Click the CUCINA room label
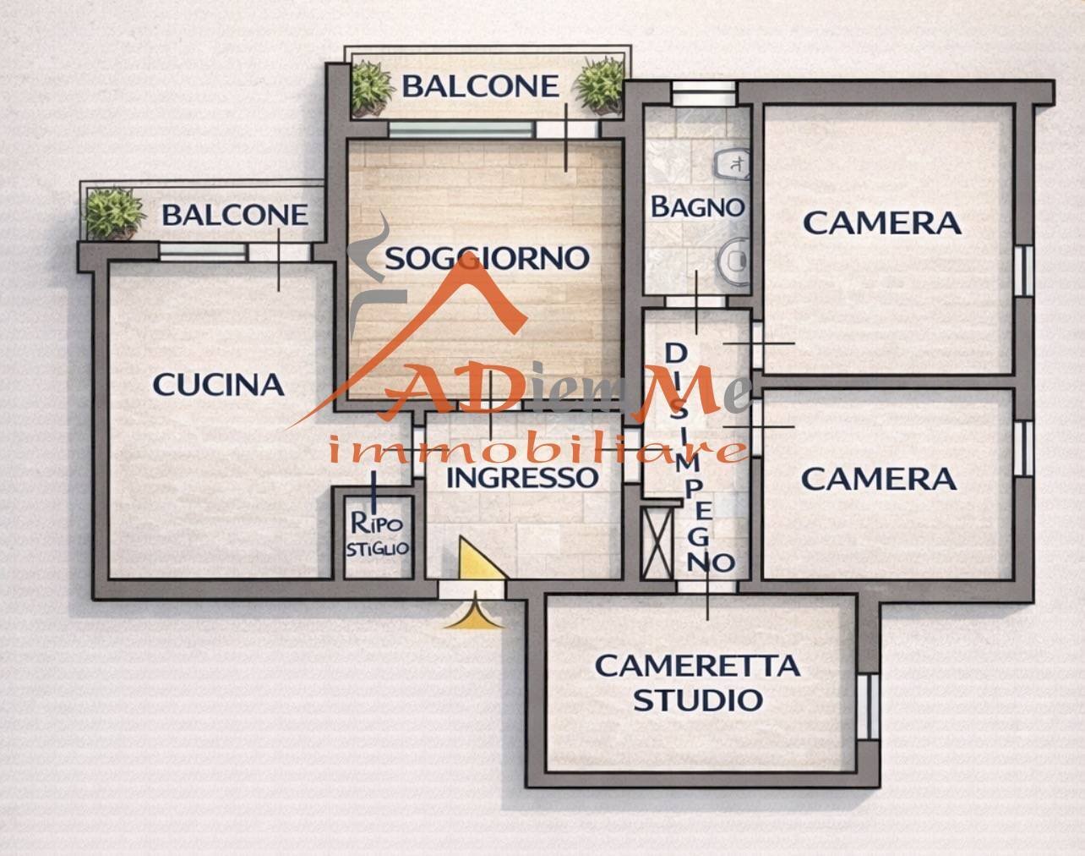click(x=218, y=385)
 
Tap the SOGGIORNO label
click(x=487, y=259)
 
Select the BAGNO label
click(x=698, y=206)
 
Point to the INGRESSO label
click(x=522, y=477)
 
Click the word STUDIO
click(x=698, y=700)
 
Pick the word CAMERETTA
click(x=698, y=666)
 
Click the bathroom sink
click(x=732, y=163)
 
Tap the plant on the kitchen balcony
click(x=113, y=213)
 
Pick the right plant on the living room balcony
click(x=600, y=85)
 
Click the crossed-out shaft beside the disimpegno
click(x=658, y=542)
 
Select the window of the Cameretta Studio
click(x=868, y=706)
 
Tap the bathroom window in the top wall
click(x=704, y=93)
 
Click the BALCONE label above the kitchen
click(x=235, y=215)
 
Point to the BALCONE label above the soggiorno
click(x=481, y=86)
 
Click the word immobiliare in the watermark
click(x=537, y=450)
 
